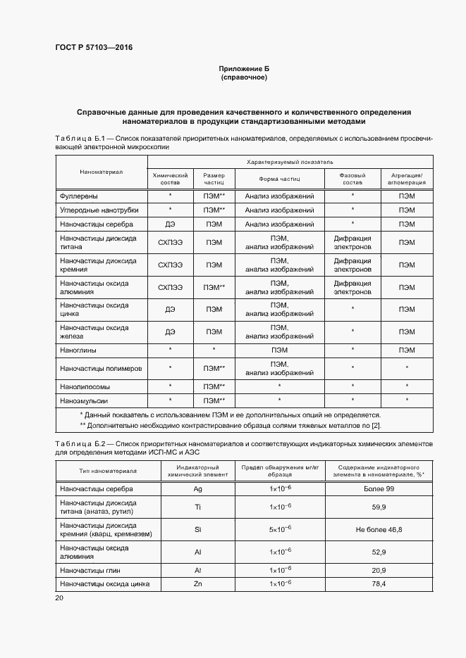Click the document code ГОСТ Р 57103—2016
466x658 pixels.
coord(94,48)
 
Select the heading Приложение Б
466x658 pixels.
coord(244,68)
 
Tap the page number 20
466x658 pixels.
coord(59,597)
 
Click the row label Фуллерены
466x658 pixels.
coord(79,196)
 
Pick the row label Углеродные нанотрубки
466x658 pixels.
coord(99,210)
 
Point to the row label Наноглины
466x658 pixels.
coord(78,350)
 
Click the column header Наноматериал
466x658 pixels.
coord(101,171)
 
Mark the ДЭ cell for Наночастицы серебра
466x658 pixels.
coord(170,224)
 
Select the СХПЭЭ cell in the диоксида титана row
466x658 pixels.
coord(170,243)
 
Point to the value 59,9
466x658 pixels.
coord(379,507)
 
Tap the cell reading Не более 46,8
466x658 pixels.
coord(379,529)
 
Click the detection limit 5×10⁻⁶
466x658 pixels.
coord(280,529)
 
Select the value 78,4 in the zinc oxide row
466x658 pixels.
coord(379,584)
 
